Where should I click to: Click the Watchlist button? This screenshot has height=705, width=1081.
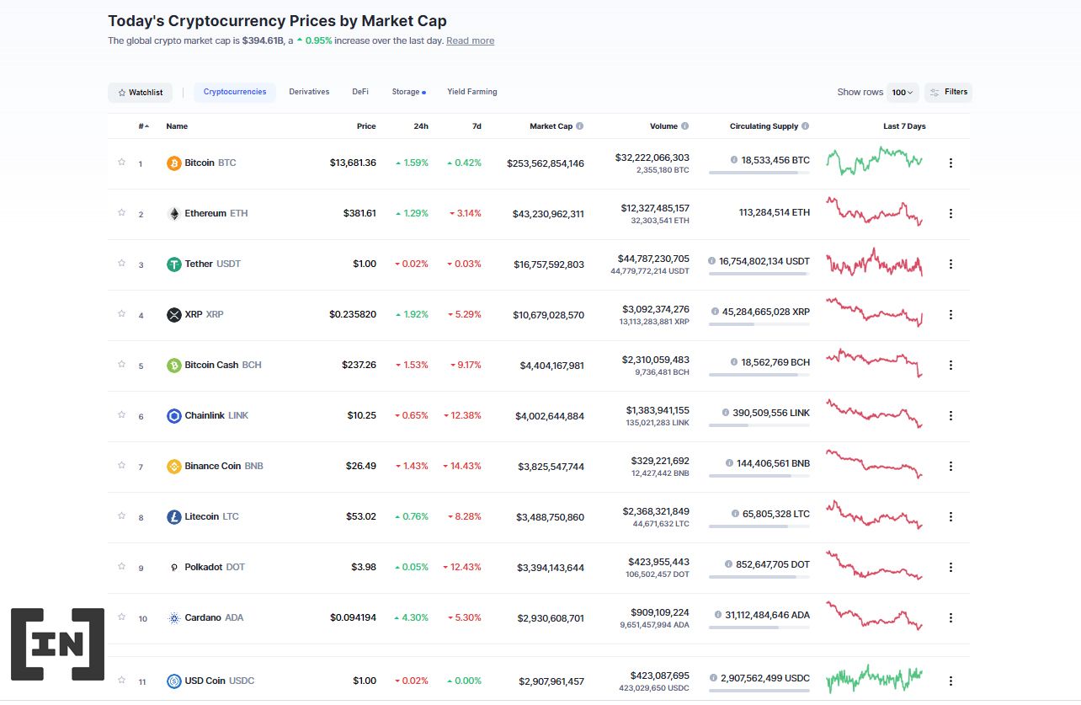(141, 93)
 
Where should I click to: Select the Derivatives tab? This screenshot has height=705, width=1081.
(309, 92)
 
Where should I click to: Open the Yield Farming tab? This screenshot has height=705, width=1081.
(471, 92)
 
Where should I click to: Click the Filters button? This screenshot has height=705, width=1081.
(948, 92)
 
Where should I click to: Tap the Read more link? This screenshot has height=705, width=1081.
(470, 40)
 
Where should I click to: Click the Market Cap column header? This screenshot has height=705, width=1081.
(551, 126)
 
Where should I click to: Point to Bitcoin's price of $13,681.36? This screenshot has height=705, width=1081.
(353, 163)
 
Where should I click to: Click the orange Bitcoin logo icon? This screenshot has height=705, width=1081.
(174, 163)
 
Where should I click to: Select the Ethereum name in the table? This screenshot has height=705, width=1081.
(205, 213)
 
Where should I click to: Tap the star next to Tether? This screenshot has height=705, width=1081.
(121, 263)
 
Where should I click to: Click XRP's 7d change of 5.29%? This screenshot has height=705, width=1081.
(465, 314)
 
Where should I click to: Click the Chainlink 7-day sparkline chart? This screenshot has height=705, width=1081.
(874, 414)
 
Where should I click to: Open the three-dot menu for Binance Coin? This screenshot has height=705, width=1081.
(951, 466)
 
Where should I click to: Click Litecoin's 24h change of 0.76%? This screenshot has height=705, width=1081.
(413, 516)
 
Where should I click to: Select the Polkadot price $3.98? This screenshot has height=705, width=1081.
(364, 567)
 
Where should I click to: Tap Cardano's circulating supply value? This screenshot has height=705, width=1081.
(766, 615)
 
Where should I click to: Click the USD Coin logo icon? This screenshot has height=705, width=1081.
(174, 681)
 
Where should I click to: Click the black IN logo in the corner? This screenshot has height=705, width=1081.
(58, 644)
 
